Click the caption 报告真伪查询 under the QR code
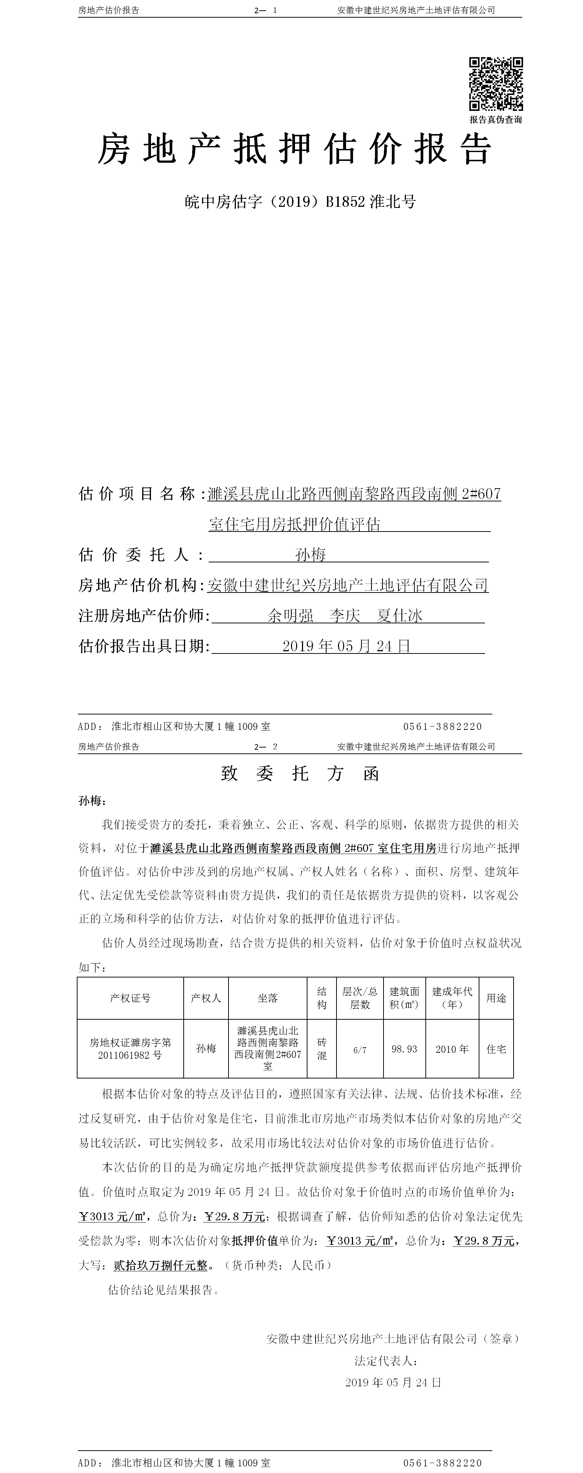click(496, 119)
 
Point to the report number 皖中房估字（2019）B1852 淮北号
click(300, 202)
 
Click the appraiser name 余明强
click(291, 616)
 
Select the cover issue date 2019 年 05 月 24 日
click(346, 646)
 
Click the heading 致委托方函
click(300, 774)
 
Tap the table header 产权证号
click(130, 998)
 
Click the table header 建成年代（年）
click(452, 998)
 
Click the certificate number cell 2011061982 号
click(130, 1055)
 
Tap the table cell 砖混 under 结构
click(321, 1049)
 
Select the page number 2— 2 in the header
click(266, 746)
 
